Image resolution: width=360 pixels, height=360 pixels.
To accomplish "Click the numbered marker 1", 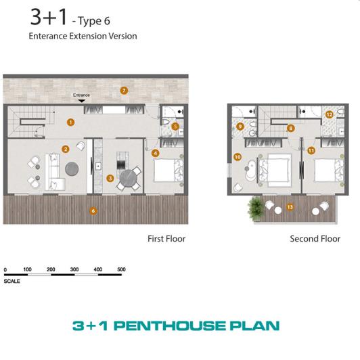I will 70,122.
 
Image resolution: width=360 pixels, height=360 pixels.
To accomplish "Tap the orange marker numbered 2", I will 66,149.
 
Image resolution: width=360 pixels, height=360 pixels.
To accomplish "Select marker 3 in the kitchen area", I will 110,179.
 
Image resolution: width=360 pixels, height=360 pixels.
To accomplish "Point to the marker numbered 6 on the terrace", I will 93,210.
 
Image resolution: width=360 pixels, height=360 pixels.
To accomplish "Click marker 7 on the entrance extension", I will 123,90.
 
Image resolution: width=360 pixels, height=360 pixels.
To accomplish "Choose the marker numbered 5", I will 175,126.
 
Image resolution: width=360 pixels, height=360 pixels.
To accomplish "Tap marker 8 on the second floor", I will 290,128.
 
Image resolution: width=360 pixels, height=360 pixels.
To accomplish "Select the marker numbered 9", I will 240,126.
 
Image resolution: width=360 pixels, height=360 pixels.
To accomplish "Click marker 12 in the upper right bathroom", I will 329,115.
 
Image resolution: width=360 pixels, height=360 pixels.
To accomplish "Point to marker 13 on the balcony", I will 290,206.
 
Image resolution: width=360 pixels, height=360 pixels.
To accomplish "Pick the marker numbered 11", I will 311,150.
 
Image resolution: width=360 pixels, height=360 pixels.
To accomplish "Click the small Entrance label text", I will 81,95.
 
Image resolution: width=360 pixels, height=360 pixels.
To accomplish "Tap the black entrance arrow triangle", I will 81,102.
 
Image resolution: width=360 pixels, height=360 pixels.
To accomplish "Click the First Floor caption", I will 166,239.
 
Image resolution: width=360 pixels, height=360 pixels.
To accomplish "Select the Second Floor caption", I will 315,239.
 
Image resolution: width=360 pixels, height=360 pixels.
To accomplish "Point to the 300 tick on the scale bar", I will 74,269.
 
